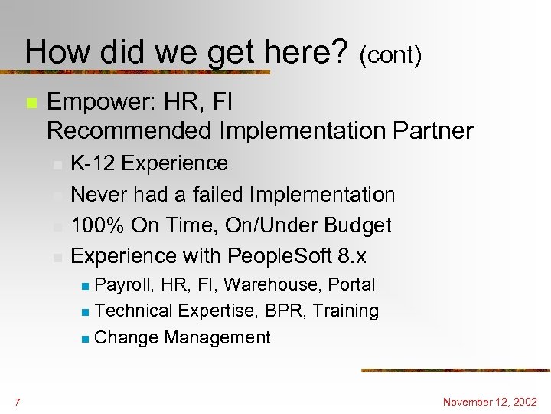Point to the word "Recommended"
pos(130,130)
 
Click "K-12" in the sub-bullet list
pos(93,163)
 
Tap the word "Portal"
pos(351,284)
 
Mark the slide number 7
pos(17,402)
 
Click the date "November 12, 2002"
pos(491,402)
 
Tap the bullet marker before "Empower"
pos(30,103)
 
